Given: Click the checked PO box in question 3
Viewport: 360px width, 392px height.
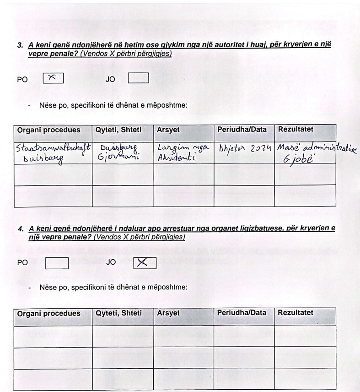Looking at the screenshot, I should click(53, 79).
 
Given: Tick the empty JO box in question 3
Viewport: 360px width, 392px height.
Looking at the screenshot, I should click(139, 79).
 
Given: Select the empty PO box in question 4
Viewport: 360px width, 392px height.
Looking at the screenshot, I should click(58, 262).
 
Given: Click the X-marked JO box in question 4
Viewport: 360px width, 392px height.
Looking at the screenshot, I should click(145, 262).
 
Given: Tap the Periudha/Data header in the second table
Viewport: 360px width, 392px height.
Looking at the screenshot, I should click(242, 313).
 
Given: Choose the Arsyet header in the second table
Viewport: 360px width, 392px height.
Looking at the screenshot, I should click(168, 313).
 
